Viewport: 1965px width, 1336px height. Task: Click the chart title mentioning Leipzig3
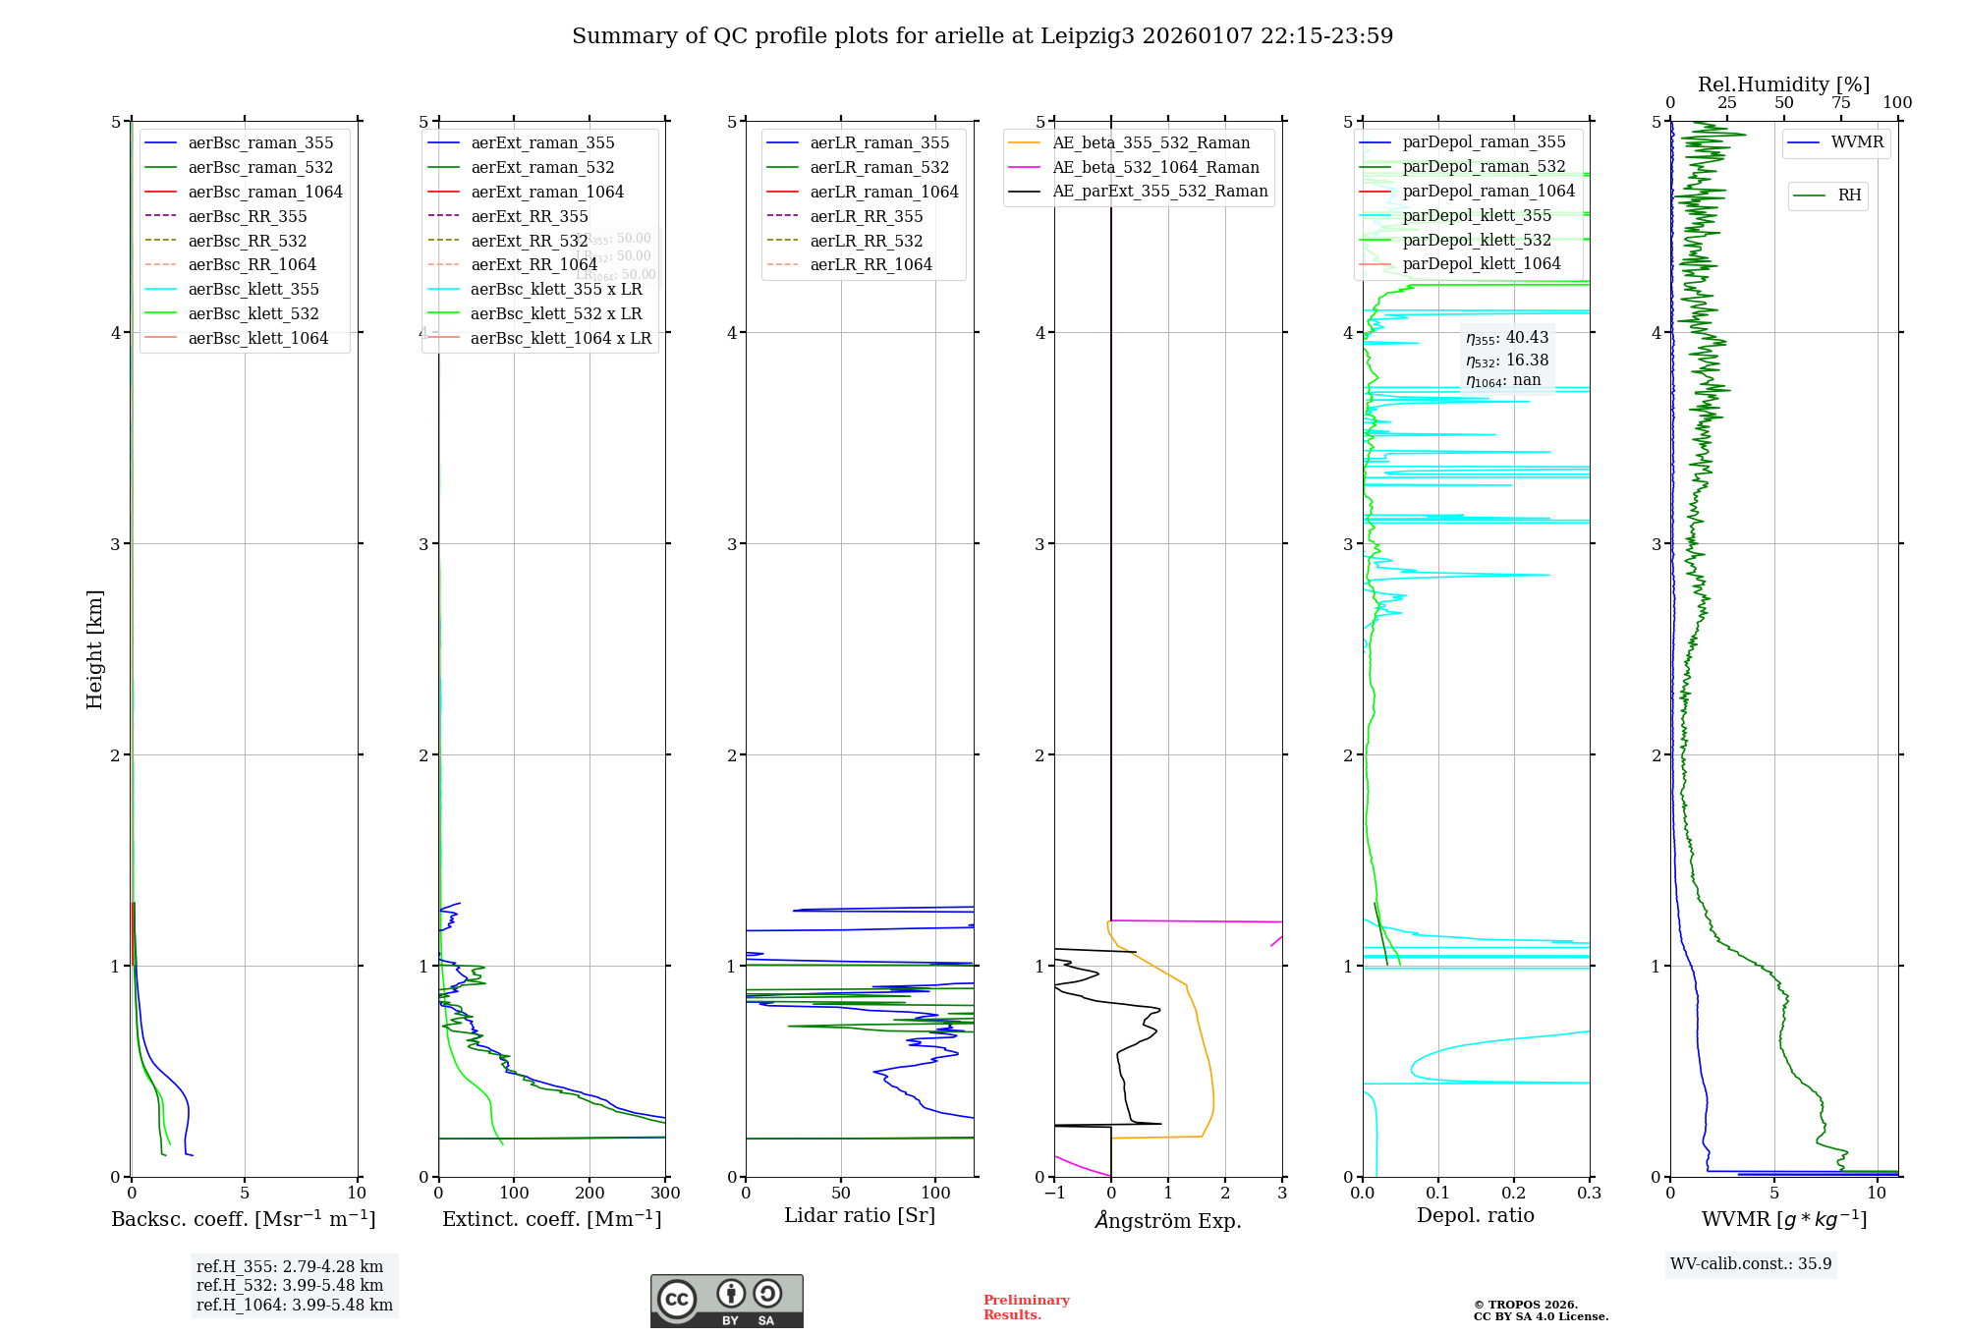click(982, 36)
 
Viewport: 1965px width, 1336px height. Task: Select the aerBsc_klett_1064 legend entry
click(257, 338)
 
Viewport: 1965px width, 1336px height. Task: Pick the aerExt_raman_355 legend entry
click(542, 143)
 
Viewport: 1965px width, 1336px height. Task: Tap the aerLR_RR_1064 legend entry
click(870, 265)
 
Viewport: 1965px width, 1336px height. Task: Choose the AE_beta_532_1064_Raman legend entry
click(1155, 168)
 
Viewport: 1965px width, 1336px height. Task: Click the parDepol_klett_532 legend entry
click(1477, 240)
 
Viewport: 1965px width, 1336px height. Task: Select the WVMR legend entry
click(1857, 142)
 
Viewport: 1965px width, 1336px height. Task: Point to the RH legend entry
click(1849, 195)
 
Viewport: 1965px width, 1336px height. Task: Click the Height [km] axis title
click(94, 649)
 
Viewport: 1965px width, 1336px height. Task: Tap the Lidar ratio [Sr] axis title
click(860, 1216)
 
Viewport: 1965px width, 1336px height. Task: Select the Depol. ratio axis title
click(1475, 1216)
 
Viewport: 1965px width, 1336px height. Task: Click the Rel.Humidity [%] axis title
click(1783, 84)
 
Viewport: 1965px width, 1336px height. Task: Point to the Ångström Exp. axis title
click(1168, 1221)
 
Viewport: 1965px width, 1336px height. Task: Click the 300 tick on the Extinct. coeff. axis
click(666, 1194)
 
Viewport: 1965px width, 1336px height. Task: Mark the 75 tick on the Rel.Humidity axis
click(1840, 103)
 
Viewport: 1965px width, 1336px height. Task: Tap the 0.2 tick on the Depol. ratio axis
click(1514, 1194)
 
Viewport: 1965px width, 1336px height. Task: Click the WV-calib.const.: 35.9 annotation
click(1751, 1264)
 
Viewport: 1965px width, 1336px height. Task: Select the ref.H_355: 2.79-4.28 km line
click(290, 1267)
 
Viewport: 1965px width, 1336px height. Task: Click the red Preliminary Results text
click(1026, 1308)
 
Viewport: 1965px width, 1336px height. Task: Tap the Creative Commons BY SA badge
click(726, 1302)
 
